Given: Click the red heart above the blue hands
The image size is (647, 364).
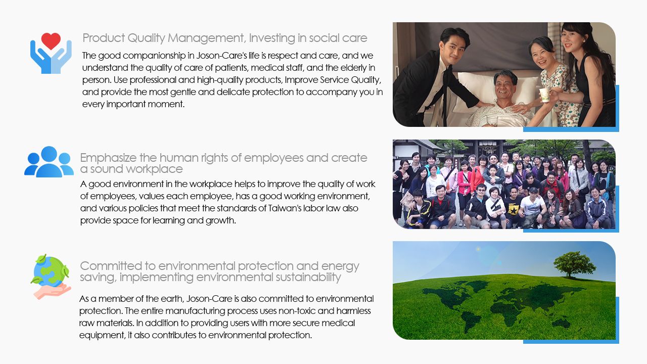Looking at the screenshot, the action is pos(51,41).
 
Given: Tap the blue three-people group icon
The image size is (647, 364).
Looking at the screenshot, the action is pos(49,162).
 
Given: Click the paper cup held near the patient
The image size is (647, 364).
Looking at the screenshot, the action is pos(545,95).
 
